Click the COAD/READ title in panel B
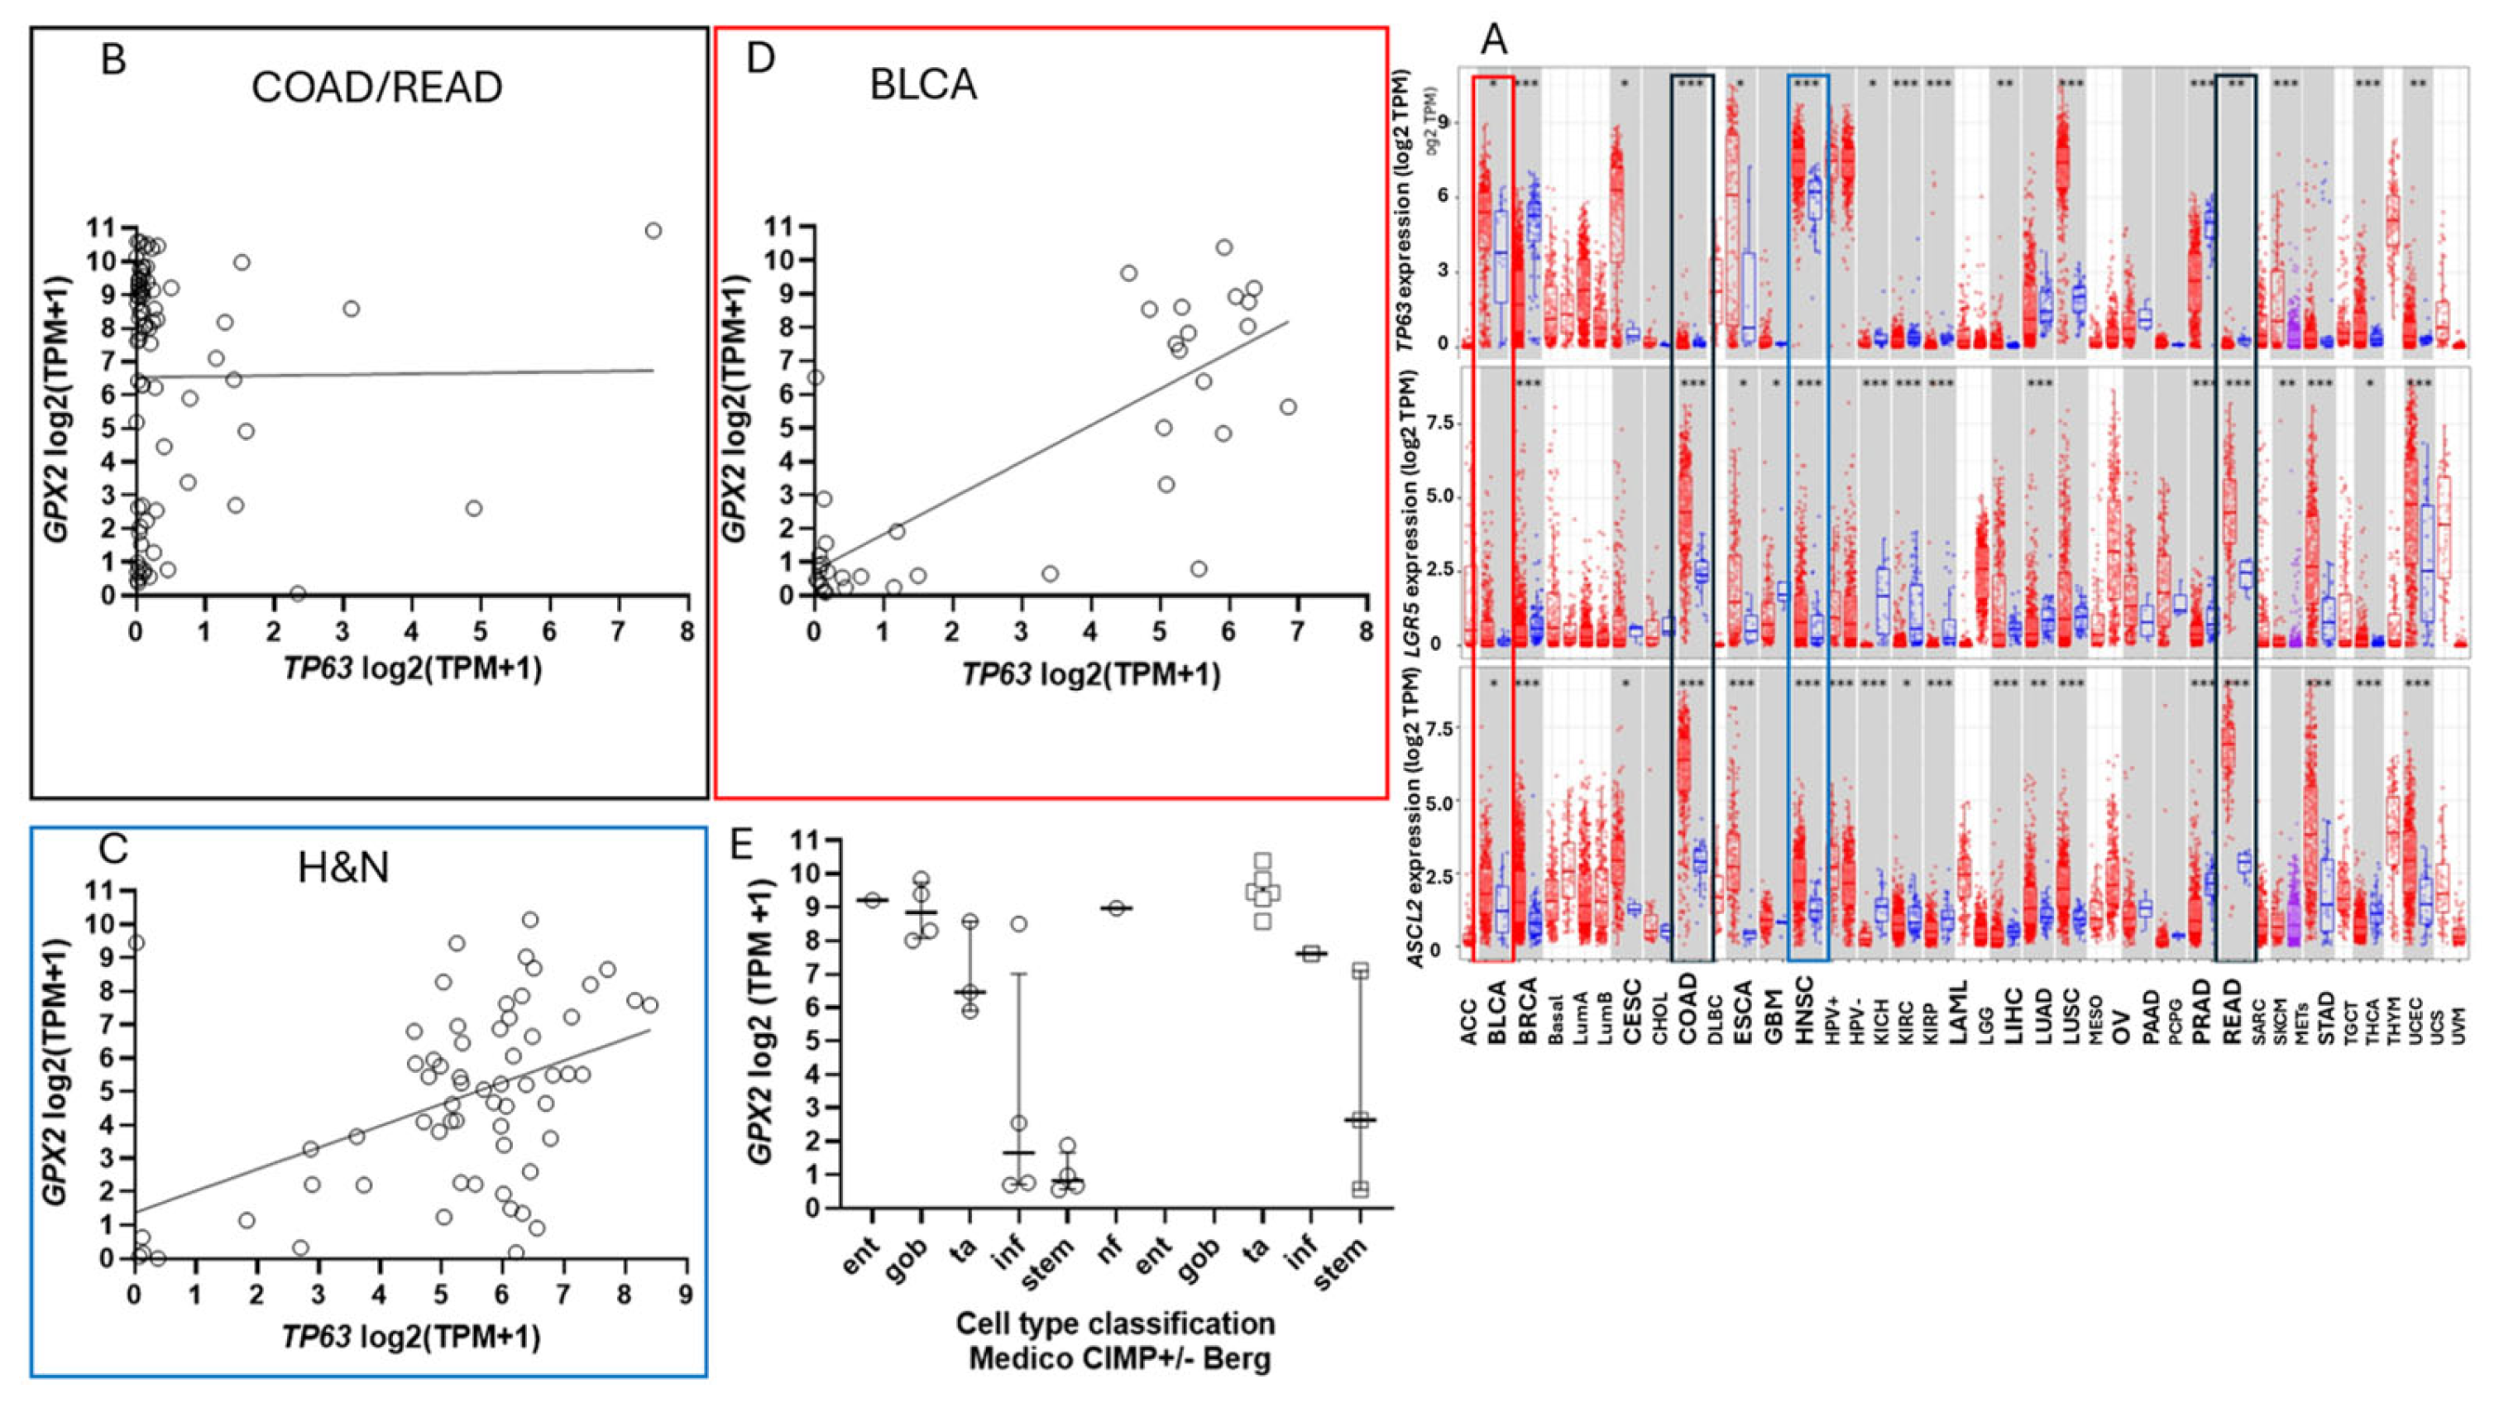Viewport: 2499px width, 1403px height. tap(376, 89)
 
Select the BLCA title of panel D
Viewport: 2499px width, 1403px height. tap(922, 85)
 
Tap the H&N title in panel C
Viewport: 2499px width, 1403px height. tap(343, 866)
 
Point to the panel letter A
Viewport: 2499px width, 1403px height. tap(1495, 41)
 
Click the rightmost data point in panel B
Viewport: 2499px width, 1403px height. tap(653, 231)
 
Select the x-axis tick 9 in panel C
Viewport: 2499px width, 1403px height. tap(686, 1295)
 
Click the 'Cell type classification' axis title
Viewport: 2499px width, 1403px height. tap(1116, 1324)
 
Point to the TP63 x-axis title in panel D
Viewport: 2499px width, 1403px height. tap(1090, 673)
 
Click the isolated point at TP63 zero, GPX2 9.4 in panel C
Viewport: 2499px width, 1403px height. tap(136, 943)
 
